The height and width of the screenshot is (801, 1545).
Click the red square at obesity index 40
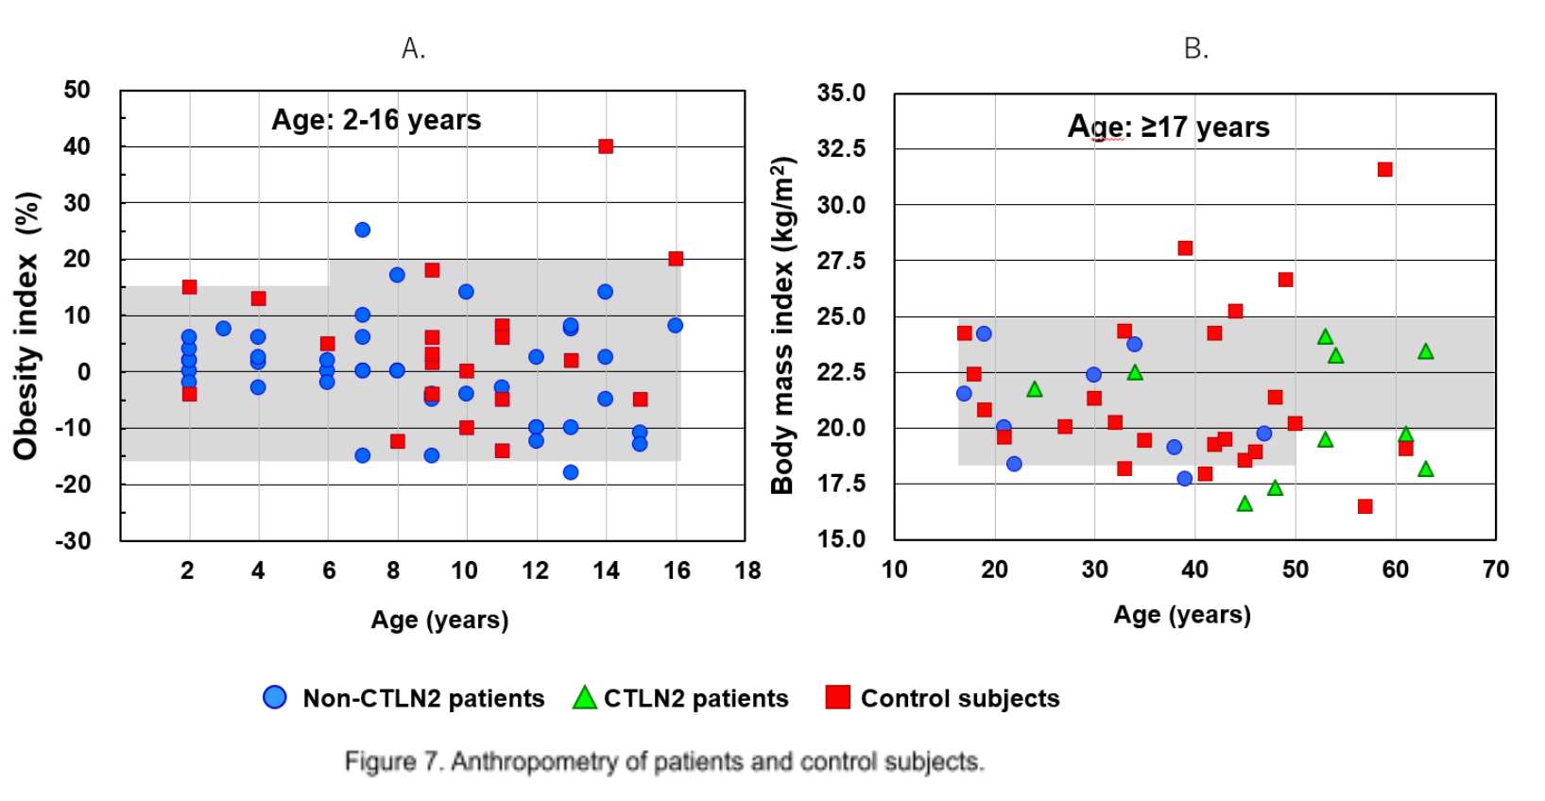606,146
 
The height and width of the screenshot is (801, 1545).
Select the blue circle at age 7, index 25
362,230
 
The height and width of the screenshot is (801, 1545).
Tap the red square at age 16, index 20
676,259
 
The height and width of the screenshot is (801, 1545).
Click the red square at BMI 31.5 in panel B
1384,170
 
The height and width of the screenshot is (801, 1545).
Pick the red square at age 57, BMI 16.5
1365,506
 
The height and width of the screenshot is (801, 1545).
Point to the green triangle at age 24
1035,389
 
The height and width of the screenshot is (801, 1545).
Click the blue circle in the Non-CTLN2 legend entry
275,697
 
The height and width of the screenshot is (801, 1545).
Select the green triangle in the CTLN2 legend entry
585,698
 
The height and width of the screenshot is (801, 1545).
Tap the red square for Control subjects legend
837,697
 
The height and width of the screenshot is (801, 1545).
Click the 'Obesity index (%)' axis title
26,326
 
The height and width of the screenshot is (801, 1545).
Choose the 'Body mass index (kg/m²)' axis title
782,326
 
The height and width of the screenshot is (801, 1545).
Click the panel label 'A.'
413,48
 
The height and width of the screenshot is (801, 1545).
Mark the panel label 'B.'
1195,48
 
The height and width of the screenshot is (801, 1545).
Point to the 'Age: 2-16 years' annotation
376,120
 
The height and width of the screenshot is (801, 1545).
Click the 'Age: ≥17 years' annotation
1168,127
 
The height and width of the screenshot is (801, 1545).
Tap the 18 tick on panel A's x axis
747,571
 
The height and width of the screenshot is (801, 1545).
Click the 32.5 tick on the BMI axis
841,148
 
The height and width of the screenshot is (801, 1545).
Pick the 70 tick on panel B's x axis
1495,570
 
